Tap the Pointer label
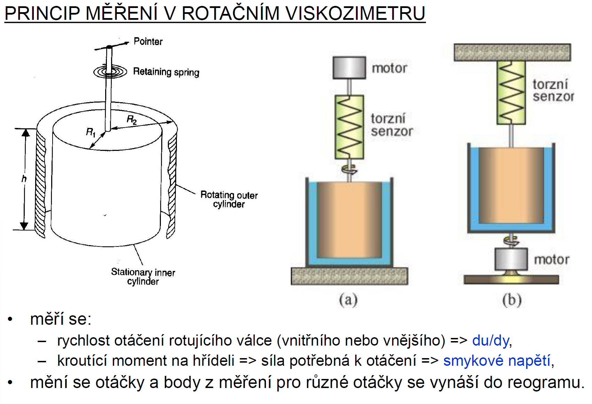148,42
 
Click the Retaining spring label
166,72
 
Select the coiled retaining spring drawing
110,72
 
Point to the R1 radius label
91,132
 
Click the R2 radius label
132,120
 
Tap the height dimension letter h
24,179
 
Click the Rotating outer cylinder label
229,199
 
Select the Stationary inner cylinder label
143,276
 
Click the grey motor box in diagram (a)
349,68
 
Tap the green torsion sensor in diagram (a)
349,127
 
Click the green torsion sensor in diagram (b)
511,92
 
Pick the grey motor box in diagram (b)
511,259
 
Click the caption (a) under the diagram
348,300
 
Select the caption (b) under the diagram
512,300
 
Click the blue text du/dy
490,341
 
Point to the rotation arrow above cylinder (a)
349,170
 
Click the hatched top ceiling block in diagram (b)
512,52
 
